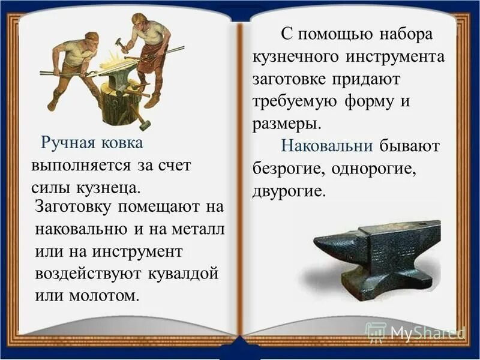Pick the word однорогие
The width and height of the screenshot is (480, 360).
click(372, 169)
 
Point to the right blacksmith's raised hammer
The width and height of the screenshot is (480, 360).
click(119, 43)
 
